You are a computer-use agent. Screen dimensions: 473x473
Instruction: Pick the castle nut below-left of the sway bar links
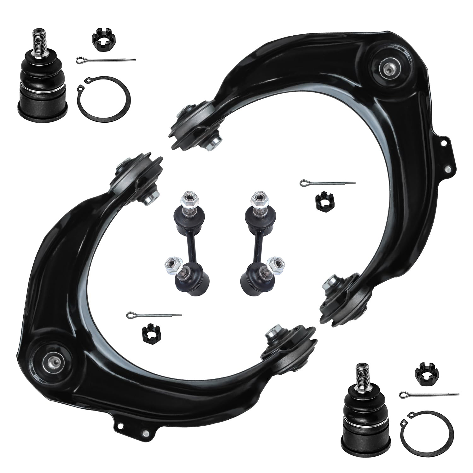[151, 334]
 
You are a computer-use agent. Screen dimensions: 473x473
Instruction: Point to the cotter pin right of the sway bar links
[328, 183]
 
